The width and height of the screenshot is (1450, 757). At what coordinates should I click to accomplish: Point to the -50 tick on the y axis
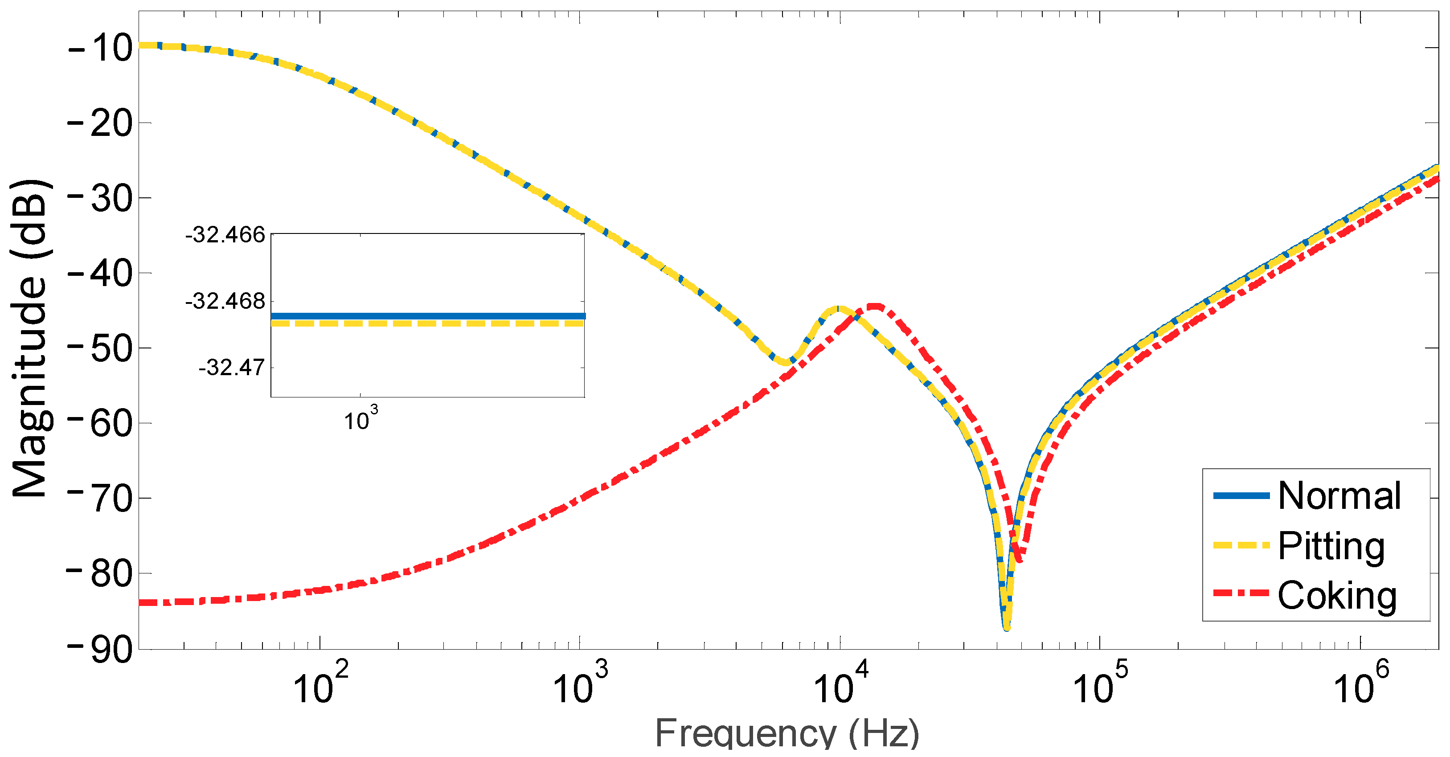click(100, 348)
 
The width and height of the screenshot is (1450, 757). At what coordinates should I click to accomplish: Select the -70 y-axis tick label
click(100, 499)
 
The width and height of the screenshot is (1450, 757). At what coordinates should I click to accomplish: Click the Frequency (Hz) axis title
click(787, 733)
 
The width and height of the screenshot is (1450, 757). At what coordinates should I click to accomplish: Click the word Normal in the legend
click(1339, 496)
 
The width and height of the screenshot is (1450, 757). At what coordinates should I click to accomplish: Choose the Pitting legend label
click(1331, 545)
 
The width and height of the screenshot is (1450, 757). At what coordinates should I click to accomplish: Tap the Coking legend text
click(1337, 595)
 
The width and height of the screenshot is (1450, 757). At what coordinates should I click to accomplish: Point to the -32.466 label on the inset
click(225, 235)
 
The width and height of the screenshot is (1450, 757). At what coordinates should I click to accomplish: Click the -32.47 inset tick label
click(231, 368)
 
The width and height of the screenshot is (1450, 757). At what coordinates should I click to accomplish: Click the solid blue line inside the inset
click(428, 316)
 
